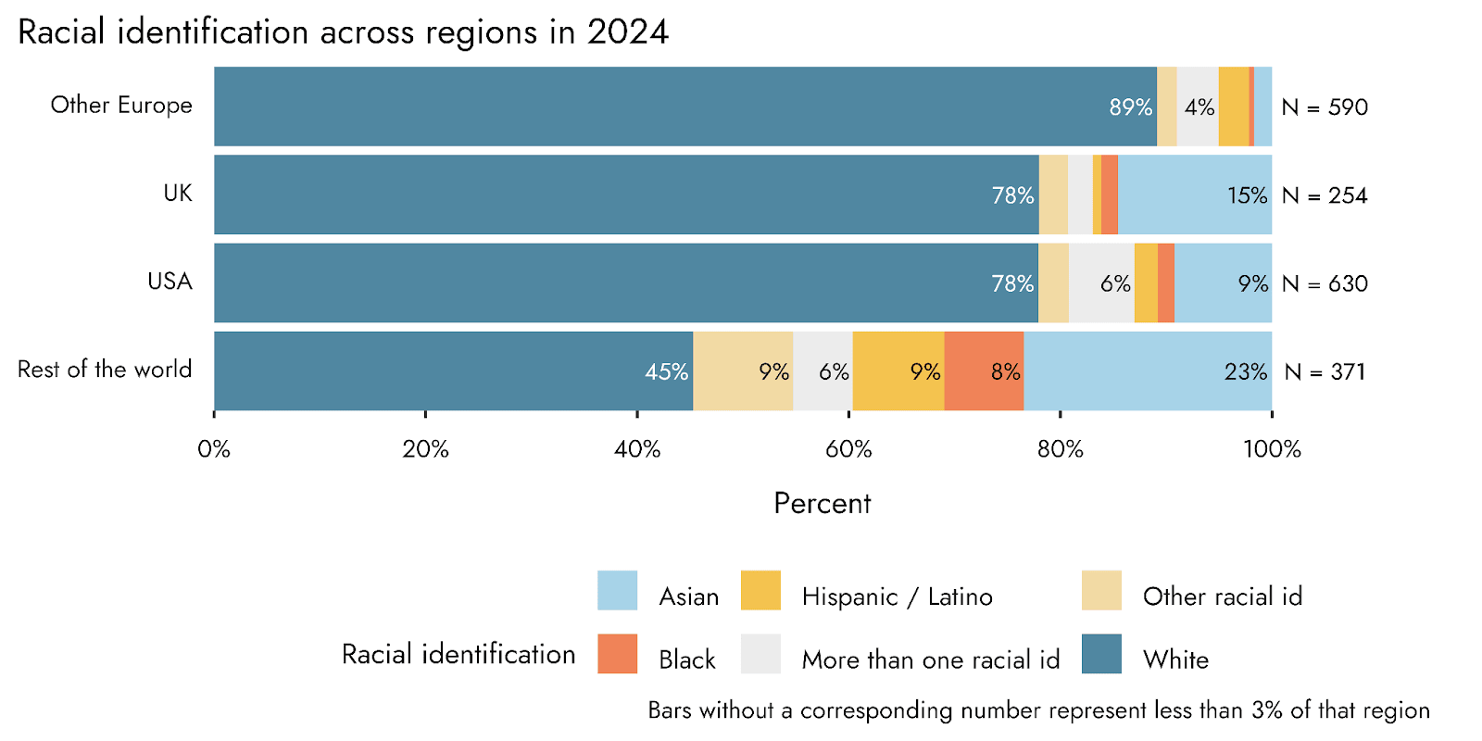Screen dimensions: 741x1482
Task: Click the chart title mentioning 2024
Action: click(x=343, y=32)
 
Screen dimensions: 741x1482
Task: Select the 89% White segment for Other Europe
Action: click(x=685, y=107)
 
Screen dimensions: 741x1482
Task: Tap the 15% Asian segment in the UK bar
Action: click(x=1195, y=195)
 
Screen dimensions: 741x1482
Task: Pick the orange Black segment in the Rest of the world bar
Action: click(x=984, y=371)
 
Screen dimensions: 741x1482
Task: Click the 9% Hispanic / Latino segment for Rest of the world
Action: click(x=898, y=371)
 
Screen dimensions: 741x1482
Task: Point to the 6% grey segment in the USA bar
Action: click(x=1101, y=283)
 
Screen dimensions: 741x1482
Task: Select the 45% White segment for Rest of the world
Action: click(x=453, y=371)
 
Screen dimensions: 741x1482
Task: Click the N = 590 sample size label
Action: click(x=1325, y=107)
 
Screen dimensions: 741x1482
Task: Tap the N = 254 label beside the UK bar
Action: click(x=1325, y=195)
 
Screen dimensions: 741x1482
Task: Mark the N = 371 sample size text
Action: click(x=1325, y=372)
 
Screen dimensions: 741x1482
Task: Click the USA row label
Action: click(x=170, y=282)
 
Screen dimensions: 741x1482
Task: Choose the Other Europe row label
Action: click(x=121, y=106)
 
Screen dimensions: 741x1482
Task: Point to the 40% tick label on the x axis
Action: click(x=637, y=450)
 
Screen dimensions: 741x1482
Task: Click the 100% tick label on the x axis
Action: click(x=1272, y=450)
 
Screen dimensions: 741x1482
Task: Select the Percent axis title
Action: click(x=823, y=504)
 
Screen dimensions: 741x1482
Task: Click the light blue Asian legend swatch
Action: click(x=617, y=591)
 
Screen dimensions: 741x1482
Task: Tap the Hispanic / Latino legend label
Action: click(x=897, y=597)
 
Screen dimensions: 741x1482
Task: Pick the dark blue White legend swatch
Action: click(x=1101, y=654)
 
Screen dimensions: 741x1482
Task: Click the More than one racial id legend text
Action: click(x=930, y=659)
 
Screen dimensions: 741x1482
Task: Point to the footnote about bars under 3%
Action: click(x=1038, y=710)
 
